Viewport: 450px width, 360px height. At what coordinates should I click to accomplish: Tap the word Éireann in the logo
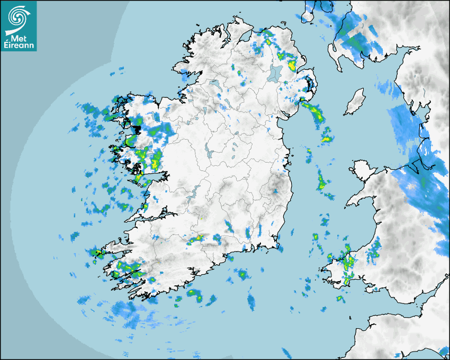[x=19, y=46]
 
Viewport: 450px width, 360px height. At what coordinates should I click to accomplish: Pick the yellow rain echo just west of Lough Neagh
[x=239, y=73]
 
